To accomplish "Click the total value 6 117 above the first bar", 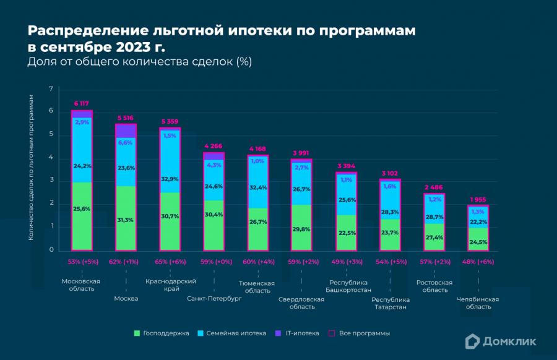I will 82,103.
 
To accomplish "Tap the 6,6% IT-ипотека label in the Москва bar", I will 126,142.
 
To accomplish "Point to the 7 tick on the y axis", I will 51,89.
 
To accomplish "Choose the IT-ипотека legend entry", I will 298,333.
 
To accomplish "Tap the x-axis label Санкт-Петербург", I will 214,299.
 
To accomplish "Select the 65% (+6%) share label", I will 170,262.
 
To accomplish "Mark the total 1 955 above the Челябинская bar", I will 478,199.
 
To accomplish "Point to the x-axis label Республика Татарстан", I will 391,303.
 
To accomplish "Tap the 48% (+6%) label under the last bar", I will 478,262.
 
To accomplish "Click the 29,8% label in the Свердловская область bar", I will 302,229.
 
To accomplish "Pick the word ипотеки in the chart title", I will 209,31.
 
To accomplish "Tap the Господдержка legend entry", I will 162,333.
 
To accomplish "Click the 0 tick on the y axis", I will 51,250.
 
